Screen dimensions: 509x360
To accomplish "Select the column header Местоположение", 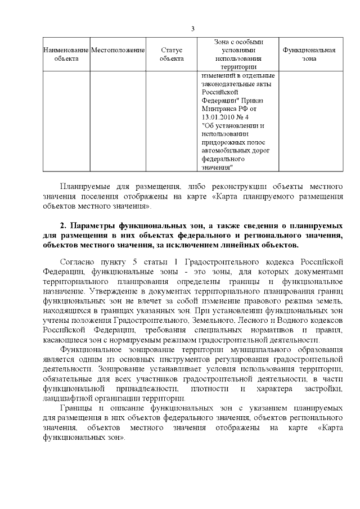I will click(x=118, y=50).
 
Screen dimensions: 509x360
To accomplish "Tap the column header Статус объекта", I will click(x=172, y=54).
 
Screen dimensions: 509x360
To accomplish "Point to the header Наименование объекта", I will click(x=66, y=54).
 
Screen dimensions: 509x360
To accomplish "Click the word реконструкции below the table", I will click(x=222, y=186).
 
